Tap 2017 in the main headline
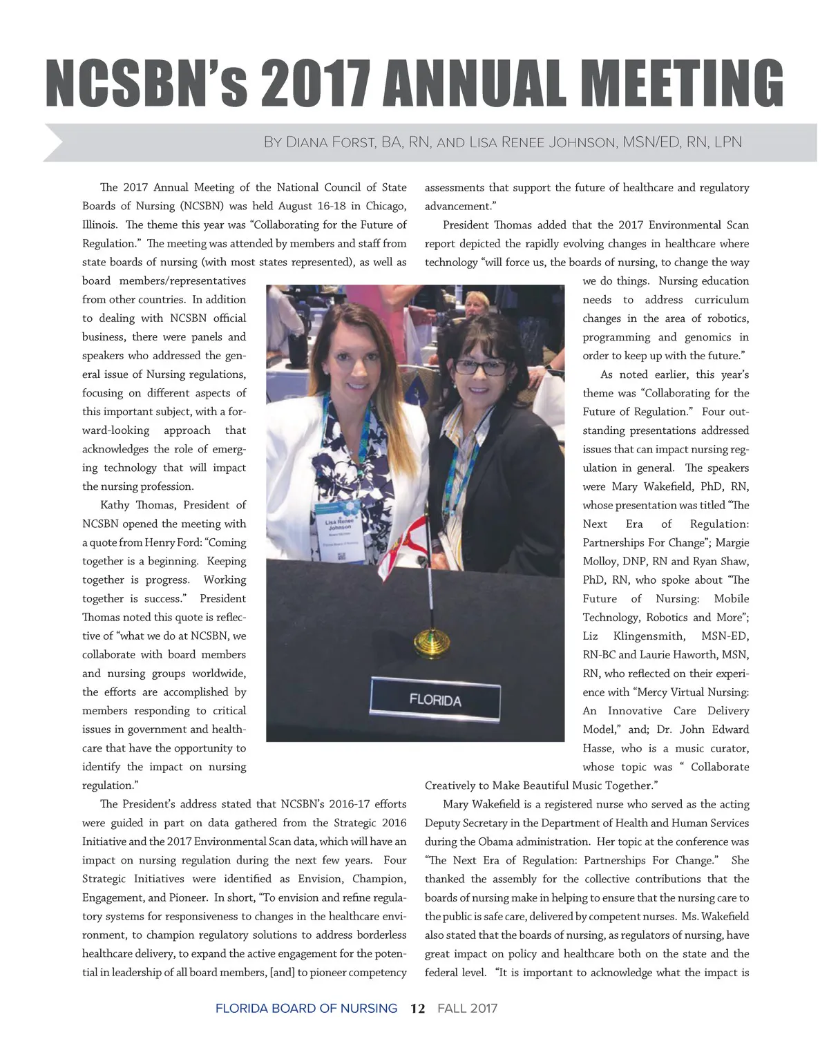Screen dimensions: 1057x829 [x=314, y=83]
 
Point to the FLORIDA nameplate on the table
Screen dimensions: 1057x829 [x=435, y=700]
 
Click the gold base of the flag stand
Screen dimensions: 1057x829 [x=430, y=645]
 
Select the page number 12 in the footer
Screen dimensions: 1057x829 [x=417, y=1008]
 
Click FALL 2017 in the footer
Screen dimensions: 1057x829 [x=468, y=1008]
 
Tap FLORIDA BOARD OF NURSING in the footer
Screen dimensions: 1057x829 [x=306, y=1008]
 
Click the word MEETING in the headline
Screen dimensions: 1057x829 [x=687, y=83]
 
